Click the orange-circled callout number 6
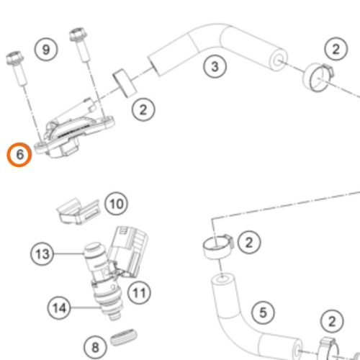[x=19, y=155]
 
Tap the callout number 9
[x=46, y=50]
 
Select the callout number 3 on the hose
[x=215, y=66]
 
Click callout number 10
[x=117, y=204]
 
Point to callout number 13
[x=42, y=253]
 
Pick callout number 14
[x=59, y=307]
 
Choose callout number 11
[x=139, y=292]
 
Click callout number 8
[x=95, y=347]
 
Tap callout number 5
[x=263, y=312]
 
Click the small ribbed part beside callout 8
[x=124, y=337]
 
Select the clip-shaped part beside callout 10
[x=78, y=211]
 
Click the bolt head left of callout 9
[x=15, y=58]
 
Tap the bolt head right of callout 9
[x=78, y=35]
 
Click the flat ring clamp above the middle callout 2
[x=125, y=83]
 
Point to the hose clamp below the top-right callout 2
[x=318, y=77]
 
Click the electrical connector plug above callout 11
[x=128, y=251]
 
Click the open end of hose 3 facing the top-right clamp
[x=279, y=60]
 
